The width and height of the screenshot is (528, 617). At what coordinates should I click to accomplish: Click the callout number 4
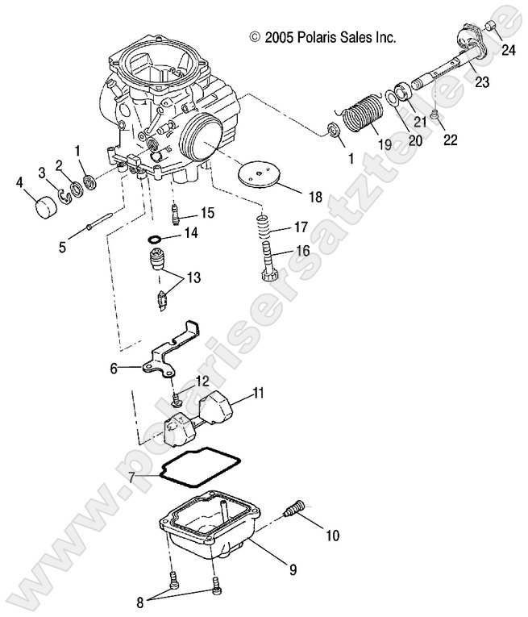tap(20, 182)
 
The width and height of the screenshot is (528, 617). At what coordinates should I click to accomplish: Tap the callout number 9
tap(293, 571)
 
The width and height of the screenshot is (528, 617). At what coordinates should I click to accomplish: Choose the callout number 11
tap(258, 393)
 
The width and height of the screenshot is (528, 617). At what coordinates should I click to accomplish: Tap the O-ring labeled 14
tap(156, 240)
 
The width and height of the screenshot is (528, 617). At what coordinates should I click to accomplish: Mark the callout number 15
tap(207, 213)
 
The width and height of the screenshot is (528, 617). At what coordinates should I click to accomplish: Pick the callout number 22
tap(450, 139)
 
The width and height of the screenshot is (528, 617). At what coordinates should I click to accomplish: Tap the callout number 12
tap(202, 380)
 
